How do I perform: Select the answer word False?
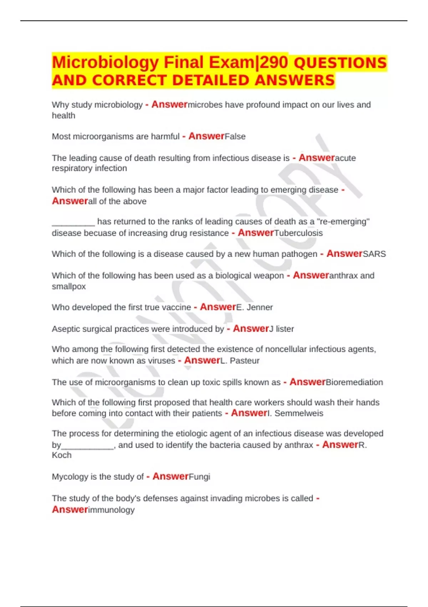pos(235,136)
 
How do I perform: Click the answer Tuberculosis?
pos(299,233)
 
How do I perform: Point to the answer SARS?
pos(374,254)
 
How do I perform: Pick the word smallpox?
pos(69,286)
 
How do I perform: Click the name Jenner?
pos(260,307)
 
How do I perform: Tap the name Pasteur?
pos(244,361)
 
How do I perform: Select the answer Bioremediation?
pos(354,382)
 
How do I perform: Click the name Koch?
pos(62,455)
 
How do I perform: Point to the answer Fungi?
pos(199,477)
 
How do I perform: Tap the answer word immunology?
pos(111,510)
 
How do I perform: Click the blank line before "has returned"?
pos(73,223)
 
